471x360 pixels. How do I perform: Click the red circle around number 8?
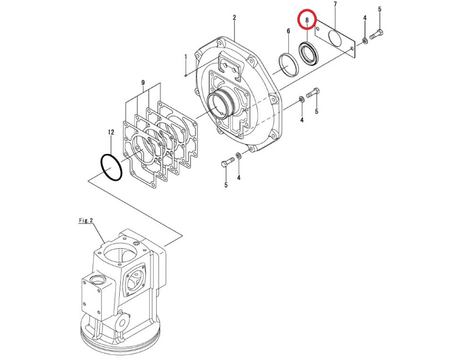306,19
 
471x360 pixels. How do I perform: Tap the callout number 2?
234,18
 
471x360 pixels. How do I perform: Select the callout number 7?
335,4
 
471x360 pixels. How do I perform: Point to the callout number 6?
288,31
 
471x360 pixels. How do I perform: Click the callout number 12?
111,132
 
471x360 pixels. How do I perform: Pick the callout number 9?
143,83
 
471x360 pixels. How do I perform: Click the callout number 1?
186,56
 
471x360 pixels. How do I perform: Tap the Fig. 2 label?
86,220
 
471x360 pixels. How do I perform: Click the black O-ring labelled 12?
111,167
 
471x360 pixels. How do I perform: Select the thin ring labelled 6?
288,65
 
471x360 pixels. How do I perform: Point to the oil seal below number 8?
308,53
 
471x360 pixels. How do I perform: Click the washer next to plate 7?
365,40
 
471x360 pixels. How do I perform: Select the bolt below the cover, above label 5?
227,162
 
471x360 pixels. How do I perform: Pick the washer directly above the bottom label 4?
238,156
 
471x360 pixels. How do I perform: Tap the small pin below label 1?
186,75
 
